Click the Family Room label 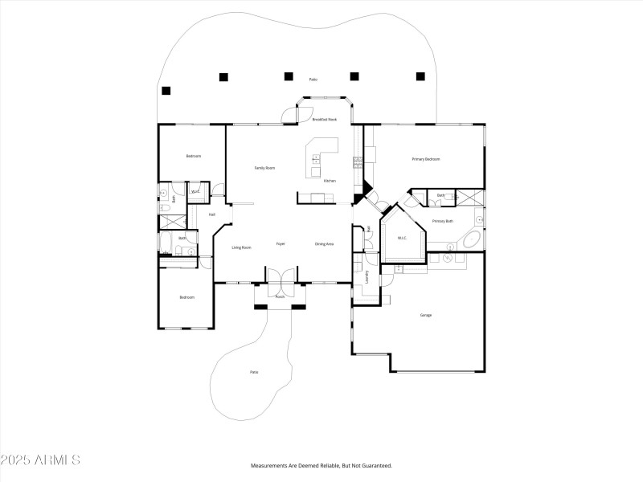click(264, 168)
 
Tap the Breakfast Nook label click(324, 119)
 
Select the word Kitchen click(330, 181)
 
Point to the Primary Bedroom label click(426, 159)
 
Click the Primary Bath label click(442, 221)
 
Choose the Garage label click(425, 315)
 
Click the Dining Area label click(324, 244)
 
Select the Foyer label click(281, 244)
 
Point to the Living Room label click(242, 247)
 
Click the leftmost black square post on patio click(166, 90)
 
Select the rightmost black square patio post click(420, 76)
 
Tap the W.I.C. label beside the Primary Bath click(403, 239)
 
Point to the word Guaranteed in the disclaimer click(375, 466)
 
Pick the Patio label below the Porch click(254, 372)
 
